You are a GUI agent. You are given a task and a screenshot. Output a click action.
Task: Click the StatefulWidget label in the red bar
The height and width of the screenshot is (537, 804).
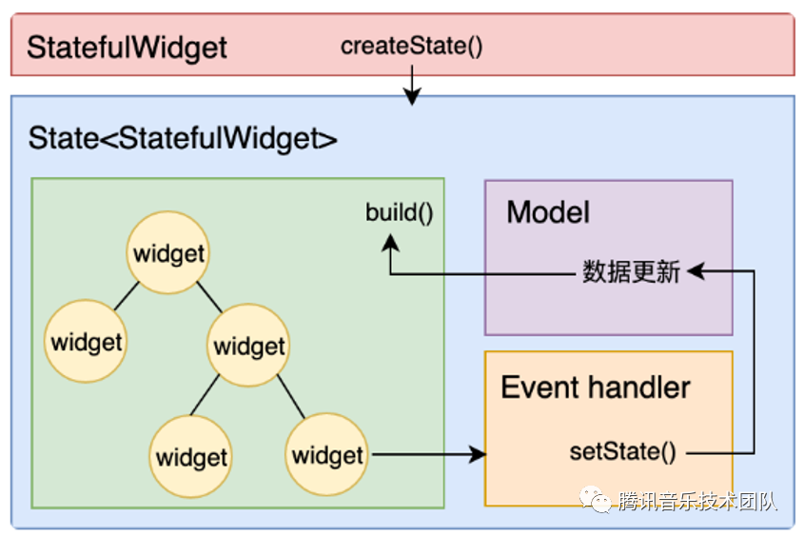pos(127,48)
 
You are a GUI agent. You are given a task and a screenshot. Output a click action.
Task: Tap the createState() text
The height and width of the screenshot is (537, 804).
pos(411,46)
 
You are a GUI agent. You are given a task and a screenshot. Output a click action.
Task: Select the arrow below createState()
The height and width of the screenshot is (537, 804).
pos(411,88)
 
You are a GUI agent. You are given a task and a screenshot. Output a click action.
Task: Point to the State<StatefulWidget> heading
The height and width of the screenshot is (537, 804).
pos(183,138)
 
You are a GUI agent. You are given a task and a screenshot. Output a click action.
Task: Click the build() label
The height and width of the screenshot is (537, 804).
pos(399,211)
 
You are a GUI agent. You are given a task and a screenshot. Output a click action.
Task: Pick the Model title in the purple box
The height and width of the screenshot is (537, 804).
pos(548,211)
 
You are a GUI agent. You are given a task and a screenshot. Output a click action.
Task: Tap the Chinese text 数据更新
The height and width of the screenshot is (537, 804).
pos(631,272)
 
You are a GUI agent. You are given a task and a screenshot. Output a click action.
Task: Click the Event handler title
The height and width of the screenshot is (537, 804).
pos(596,388)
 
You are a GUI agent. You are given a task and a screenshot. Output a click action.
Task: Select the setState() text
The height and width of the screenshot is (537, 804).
pos(622,451)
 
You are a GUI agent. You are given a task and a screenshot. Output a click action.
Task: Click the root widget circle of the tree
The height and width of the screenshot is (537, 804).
pos(168,253)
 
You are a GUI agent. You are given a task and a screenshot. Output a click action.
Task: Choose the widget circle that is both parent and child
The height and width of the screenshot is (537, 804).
pos(249,346)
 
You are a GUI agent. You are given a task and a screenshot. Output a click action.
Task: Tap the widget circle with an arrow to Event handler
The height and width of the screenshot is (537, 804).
pos(328,454)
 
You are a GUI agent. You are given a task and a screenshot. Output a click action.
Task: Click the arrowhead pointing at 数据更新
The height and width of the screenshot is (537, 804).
pos(695,272)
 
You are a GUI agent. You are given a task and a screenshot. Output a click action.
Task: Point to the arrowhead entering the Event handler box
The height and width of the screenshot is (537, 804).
pos(477,454)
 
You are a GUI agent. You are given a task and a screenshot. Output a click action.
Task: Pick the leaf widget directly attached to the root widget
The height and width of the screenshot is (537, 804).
pos(87,342)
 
